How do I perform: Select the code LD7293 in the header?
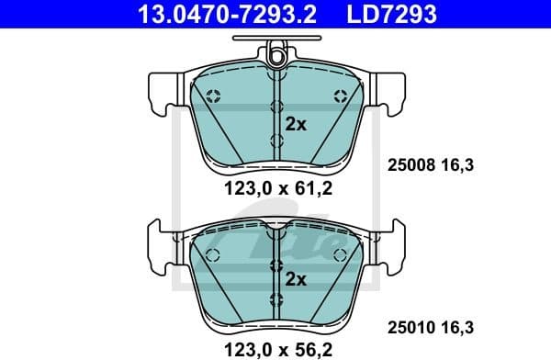click(x=389, y=14)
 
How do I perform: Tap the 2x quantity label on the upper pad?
click(x=295, y=125)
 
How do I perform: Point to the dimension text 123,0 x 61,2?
click(x=275, y=191)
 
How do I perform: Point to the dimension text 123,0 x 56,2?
click(x=275, y=346)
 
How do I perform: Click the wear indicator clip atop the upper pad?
click(x=275, y=54)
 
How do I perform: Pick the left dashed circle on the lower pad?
click(x=213, y=254)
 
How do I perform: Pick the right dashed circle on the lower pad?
click(x=339, y=254)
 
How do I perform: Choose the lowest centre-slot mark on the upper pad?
click(x=276, y=141)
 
